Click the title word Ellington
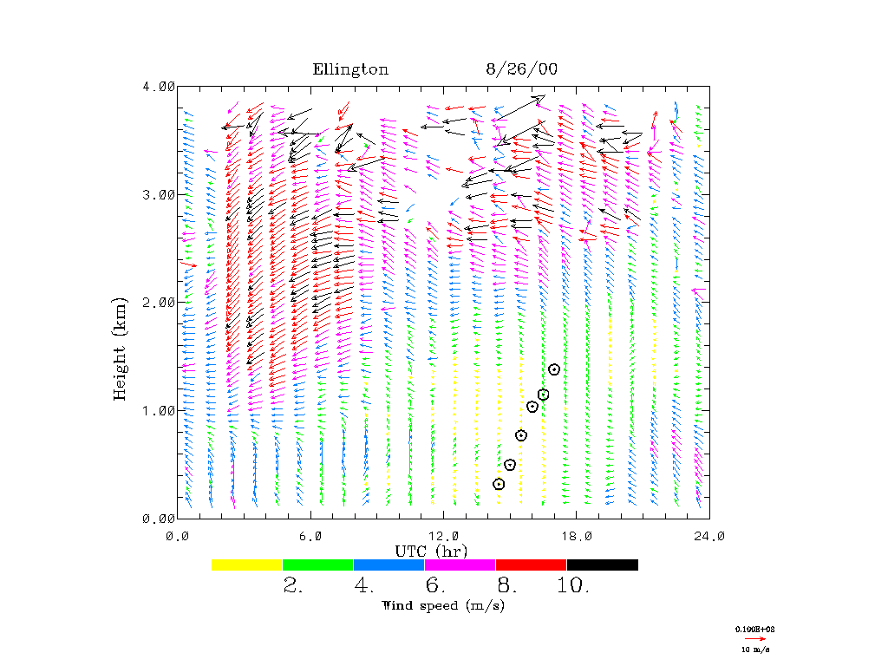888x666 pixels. tap(350, 69)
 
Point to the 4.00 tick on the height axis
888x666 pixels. tap(159, 87)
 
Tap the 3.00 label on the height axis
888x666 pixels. tap(159, 194)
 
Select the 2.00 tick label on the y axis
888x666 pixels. tap(159, 302)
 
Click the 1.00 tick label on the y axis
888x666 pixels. tap(159, 410)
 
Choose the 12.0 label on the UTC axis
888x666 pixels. tap(444, 535)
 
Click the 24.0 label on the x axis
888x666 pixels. tap(709, 535)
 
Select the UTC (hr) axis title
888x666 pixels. tap(431, 551)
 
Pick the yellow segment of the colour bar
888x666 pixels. tap(247, 565)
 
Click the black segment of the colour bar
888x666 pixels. tap(603, 565)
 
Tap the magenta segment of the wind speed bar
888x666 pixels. tap(460, 565)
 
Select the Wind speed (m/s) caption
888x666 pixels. tap(443, 605)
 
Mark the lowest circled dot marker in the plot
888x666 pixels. tap(499, 484)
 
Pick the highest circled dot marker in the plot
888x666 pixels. tap(554, 369)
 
